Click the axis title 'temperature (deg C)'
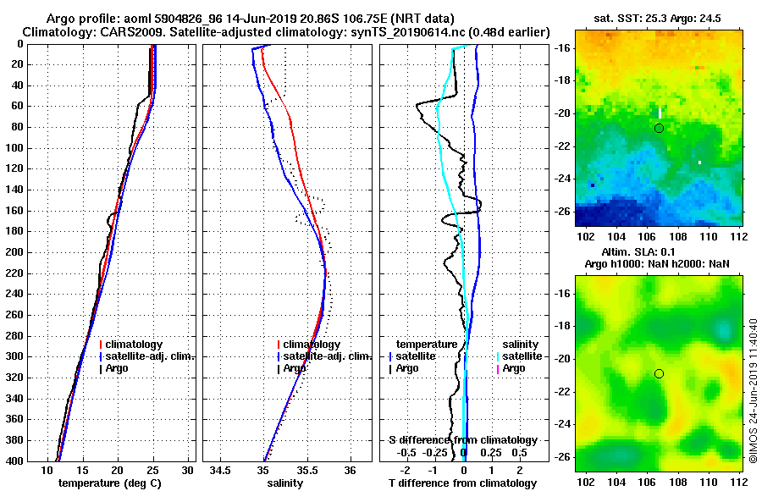tap(109, 483)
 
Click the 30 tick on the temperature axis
tap(187, 470)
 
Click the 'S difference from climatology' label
tap(463, 440)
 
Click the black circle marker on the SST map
tap(659, 128)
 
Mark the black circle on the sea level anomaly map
tap(659, 373)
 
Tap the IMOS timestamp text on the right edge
tap(753, 392)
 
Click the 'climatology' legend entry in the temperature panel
tap(134, 345)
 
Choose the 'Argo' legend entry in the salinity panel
tap(295, 368)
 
